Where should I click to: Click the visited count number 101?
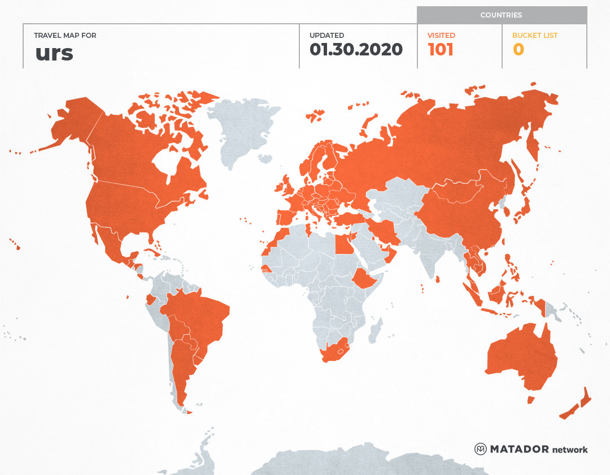click(441, 50)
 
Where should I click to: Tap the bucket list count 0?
click(518, 50)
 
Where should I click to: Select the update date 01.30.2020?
click(356, 50)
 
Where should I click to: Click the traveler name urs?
click(54, 53)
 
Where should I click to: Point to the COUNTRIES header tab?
click(501, 15)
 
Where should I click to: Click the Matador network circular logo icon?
click(480, 449)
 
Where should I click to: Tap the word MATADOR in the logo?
click(519, 449)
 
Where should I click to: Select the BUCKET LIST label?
click(534, 35)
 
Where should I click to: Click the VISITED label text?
click(441, 35)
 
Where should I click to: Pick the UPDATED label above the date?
click(326, 35)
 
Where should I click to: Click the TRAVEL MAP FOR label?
click(65, 35)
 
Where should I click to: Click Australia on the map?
click(520, 356)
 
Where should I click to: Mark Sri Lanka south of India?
click(437, 279)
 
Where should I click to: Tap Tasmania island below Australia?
click(530, 400)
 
